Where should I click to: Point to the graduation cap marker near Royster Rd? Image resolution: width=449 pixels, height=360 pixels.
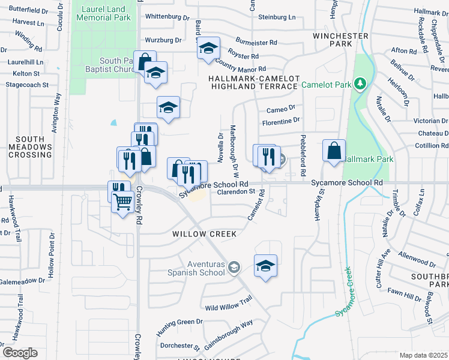click(208, 49)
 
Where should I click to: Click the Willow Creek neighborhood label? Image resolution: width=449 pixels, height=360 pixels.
click(205, 233)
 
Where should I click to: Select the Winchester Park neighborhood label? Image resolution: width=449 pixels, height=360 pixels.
click(340, 40)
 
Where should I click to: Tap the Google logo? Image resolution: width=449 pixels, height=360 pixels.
click(20, 353)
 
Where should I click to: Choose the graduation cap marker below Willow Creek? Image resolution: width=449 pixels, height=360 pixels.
click(265, 266)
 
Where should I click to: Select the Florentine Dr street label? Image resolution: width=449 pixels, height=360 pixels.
click(280, 121)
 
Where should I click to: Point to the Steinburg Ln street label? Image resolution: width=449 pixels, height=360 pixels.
click(277, 17)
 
